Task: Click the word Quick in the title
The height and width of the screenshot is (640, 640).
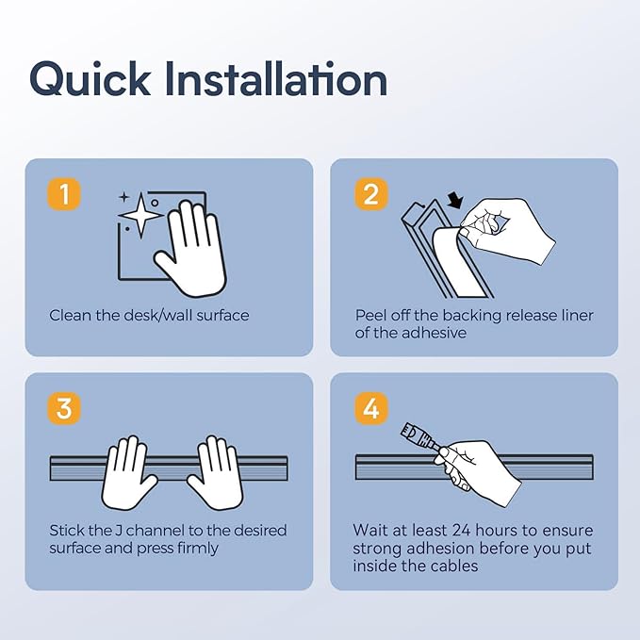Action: point(90,79)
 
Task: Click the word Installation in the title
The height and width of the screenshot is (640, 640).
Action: point(276,78)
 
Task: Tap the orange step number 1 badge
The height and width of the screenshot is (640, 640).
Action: point(64,194)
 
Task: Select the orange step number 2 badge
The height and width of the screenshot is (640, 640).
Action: point(370,194)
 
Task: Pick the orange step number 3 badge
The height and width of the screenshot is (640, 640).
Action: point(64,408)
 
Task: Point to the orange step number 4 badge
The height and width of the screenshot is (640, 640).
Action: point(370,408)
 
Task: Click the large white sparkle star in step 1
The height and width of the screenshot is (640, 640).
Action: point(140,215)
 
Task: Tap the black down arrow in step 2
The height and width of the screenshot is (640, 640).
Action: point(455,200)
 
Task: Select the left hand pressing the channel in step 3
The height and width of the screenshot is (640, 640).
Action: point(127,472)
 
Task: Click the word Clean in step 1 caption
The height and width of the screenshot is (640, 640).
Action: point(70,315)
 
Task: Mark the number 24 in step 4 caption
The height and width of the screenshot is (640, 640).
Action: point(461,531)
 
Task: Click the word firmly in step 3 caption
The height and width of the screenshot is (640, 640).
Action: point(198,549)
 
